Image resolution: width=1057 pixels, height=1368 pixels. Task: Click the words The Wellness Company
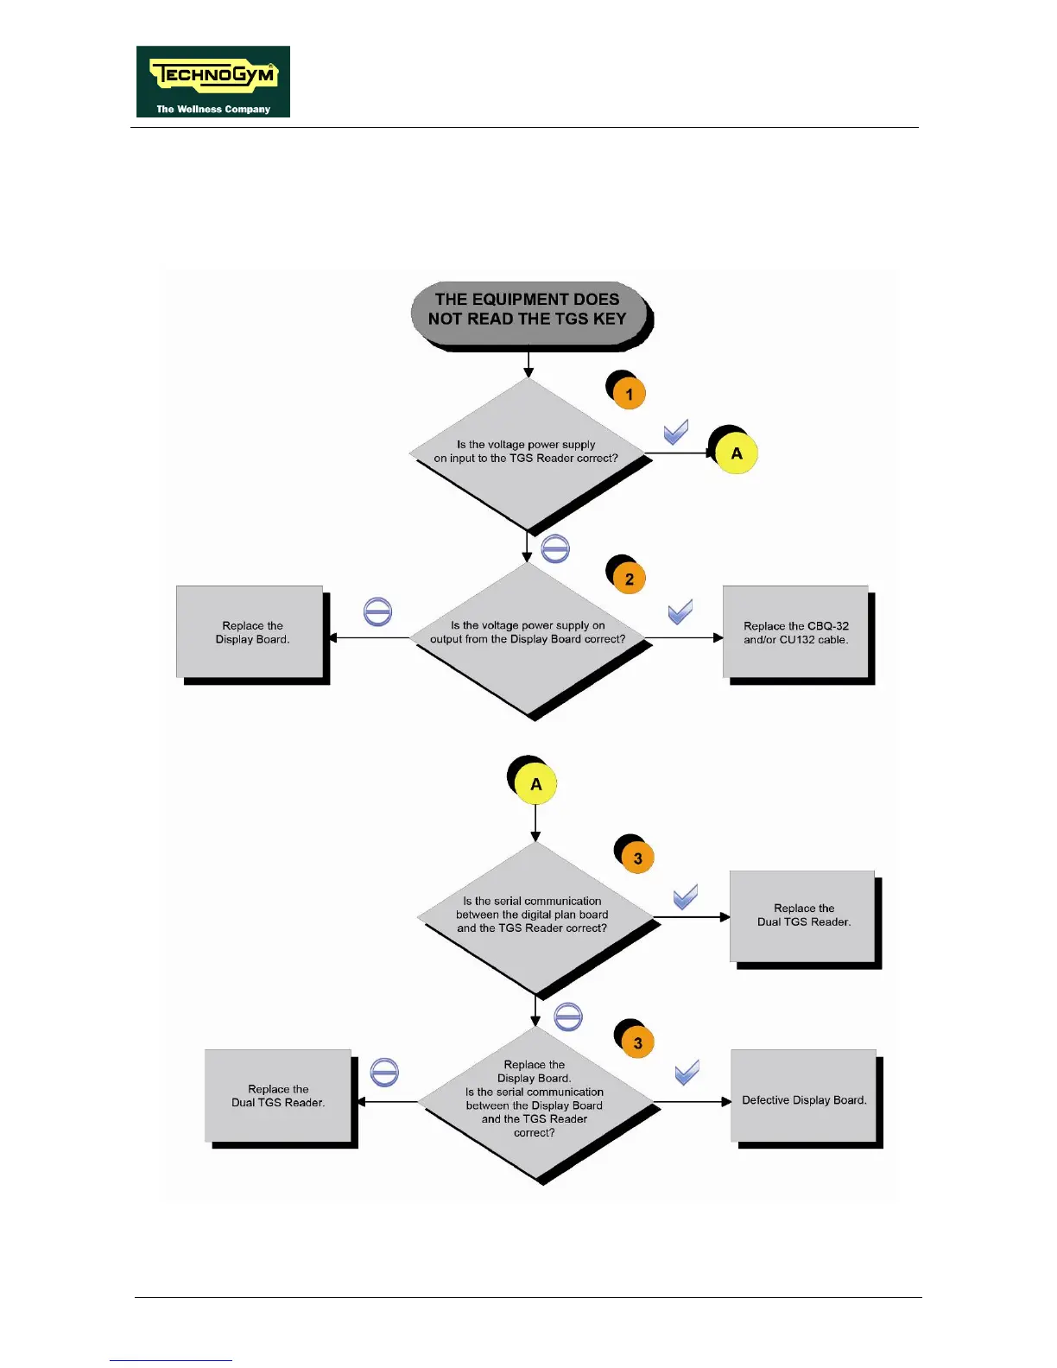coord(213,110)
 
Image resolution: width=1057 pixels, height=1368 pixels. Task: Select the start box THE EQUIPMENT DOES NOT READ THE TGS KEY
coord(528,310)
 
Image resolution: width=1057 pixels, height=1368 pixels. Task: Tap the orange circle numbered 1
coord(630,395)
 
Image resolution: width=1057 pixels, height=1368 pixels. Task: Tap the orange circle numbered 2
coord(630,579)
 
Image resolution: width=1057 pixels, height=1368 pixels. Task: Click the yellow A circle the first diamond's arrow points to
coord(737,453)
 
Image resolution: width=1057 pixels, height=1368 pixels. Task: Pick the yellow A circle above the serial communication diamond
coord(536,784)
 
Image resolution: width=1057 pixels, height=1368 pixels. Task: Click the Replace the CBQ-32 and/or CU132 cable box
coord(795,632)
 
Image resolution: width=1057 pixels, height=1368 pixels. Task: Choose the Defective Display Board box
coord(803,1099)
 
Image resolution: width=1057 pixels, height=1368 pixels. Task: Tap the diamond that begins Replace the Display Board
coord(535,1100)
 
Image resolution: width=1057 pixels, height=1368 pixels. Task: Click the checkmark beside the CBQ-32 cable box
coord(680,611)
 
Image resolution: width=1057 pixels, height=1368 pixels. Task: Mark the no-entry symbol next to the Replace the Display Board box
coord(378,612)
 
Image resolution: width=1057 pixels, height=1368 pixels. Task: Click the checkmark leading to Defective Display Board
coord(687,1073)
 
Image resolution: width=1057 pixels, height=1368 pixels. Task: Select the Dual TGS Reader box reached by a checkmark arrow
coord(803,915)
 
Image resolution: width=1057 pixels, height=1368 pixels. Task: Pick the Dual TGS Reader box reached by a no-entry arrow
coord(278,1096)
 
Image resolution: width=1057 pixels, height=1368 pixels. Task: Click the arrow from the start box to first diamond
coord(528,364)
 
